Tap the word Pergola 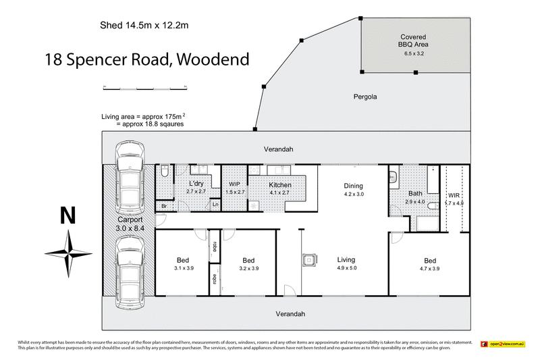coord(364,97)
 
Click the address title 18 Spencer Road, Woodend coord(146,59)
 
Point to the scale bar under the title coord(144,87)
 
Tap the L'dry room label coord(196,188)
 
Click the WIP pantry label coord(234,188)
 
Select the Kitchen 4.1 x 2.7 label coord(279,188)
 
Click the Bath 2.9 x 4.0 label coord(414,197)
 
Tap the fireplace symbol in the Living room coord(309,259)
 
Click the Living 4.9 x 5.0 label coord(346,263)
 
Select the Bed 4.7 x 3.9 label coord(430,265)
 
